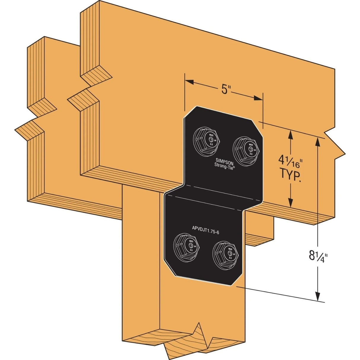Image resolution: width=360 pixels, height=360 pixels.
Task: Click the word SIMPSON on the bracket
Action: pos(225,159)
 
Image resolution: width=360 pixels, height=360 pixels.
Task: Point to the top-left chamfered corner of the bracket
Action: pos(190,113)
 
